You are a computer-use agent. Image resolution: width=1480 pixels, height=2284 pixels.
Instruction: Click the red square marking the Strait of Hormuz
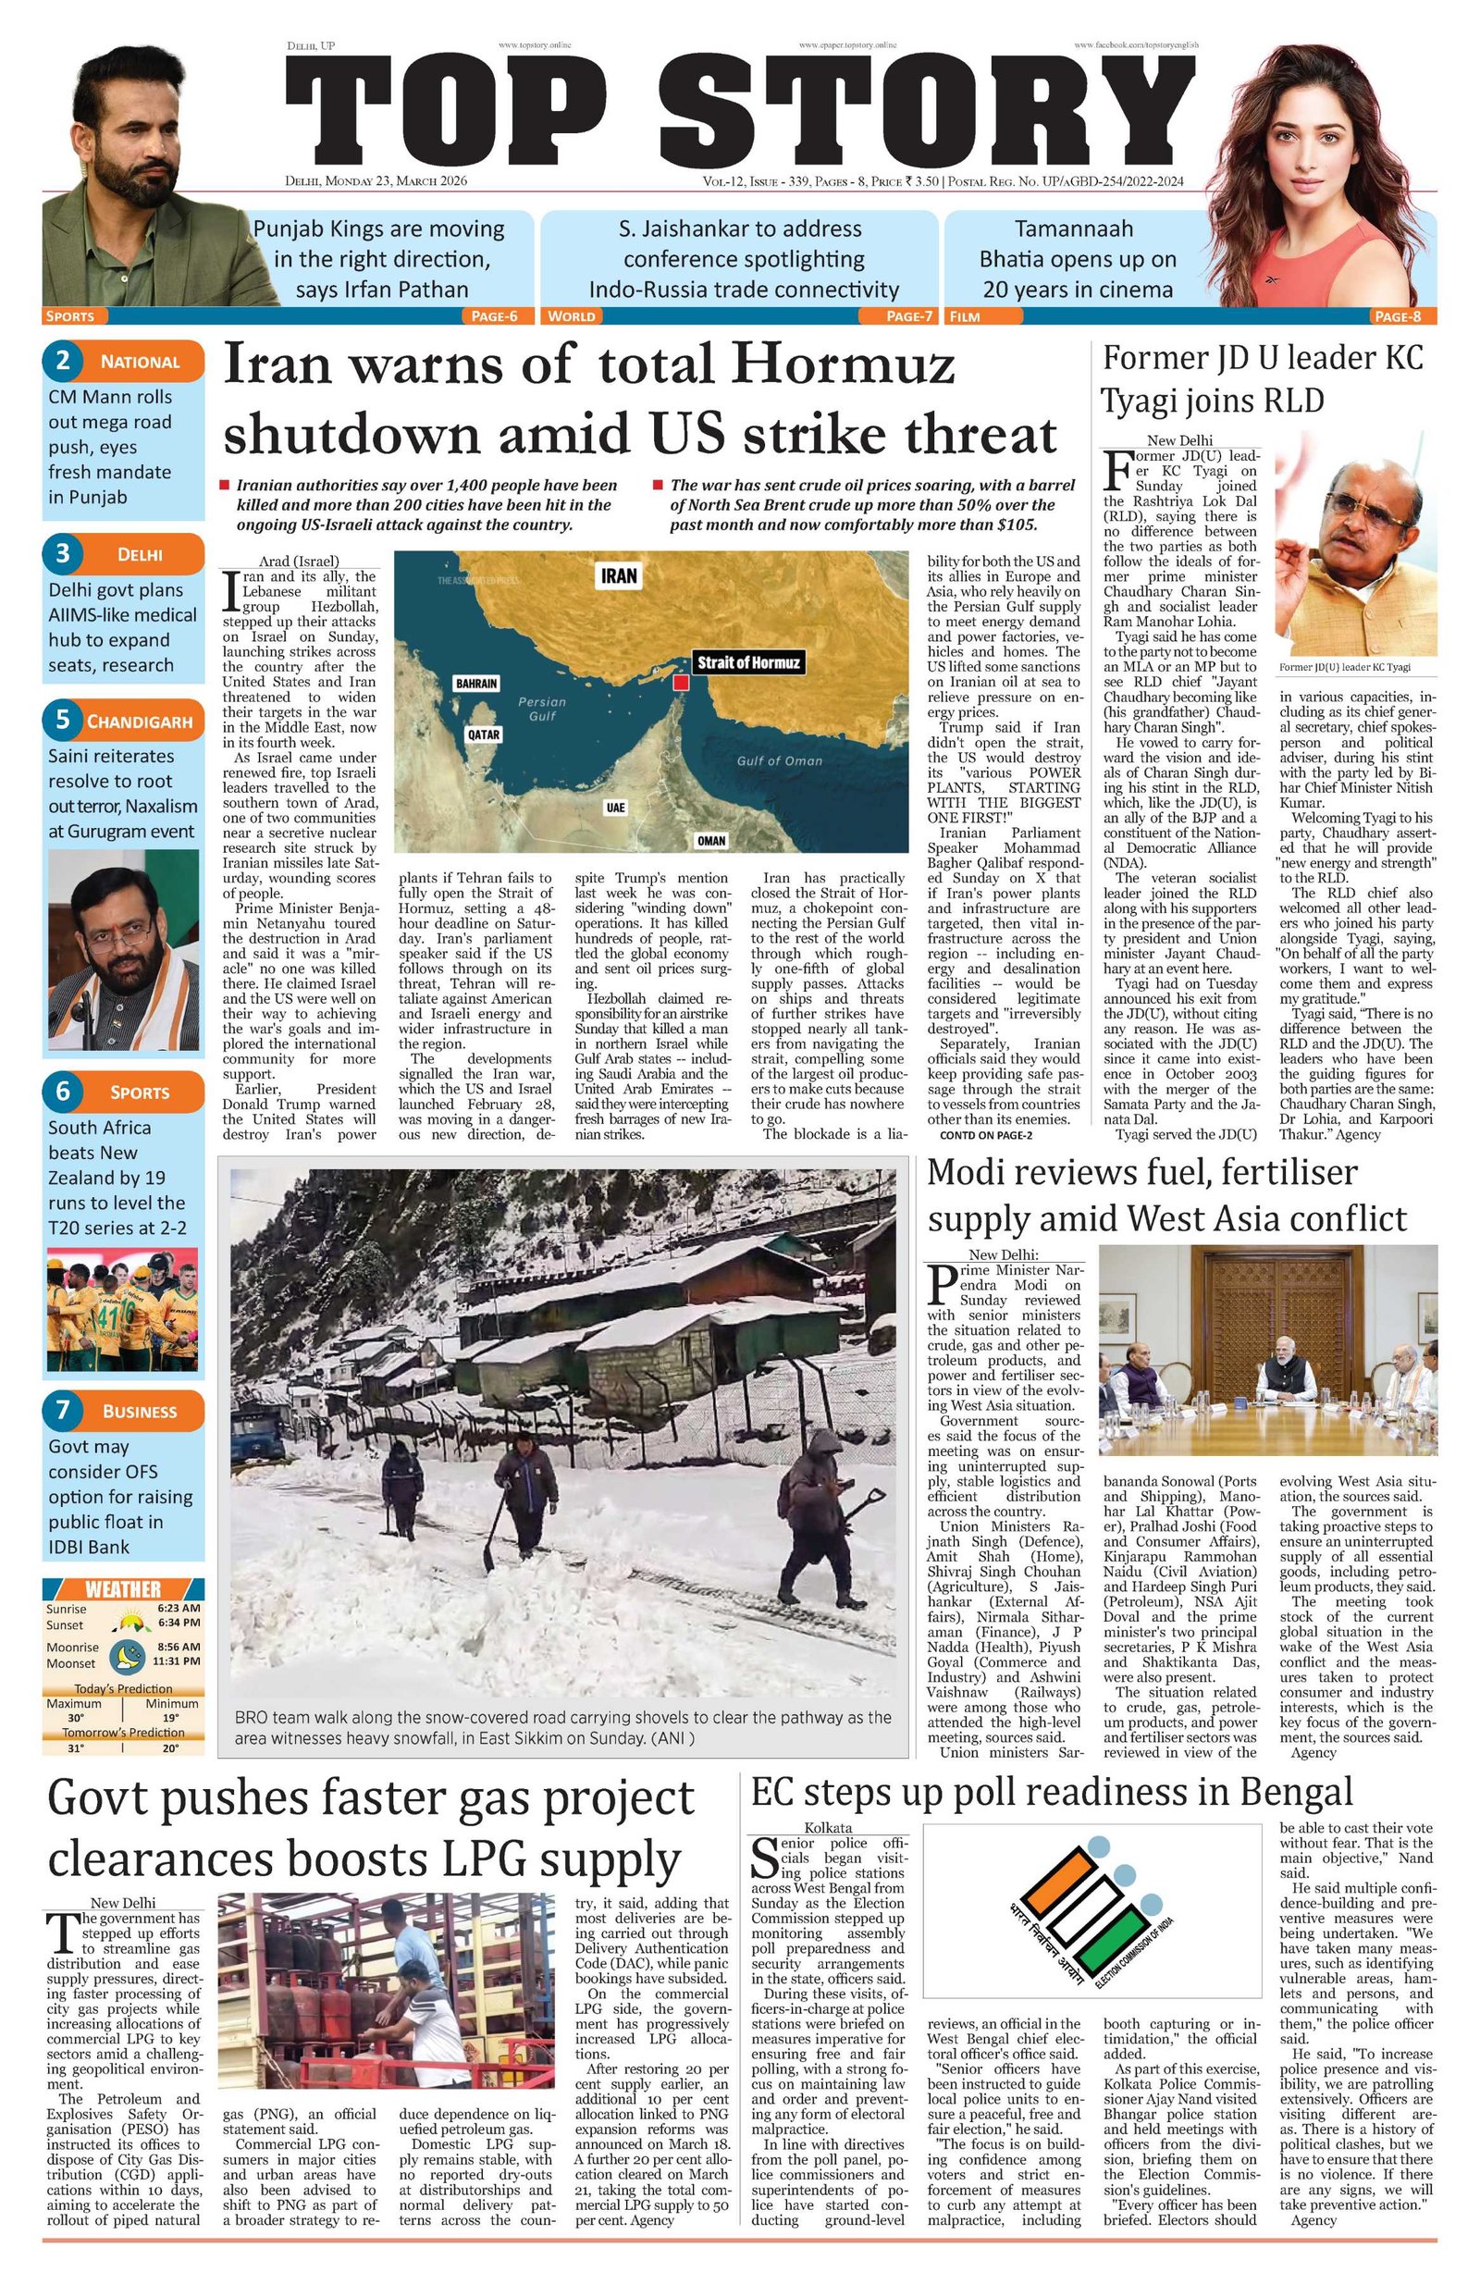pos(681,683)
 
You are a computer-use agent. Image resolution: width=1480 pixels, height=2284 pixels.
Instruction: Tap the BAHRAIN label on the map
pos(476,684)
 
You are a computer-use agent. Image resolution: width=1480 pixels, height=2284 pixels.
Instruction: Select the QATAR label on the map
pos(483,735)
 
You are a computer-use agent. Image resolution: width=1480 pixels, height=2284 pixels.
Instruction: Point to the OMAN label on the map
pos(710,841)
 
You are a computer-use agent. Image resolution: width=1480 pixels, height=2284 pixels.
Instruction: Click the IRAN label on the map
pos(618,575)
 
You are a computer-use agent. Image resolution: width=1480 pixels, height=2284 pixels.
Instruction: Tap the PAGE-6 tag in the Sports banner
pos(494,315)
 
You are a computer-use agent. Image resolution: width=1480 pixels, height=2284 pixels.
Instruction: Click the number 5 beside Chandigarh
pos(63,720)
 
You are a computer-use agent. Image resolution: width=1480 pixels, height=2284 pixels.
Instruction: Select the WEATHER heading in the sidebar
pos(123,1589)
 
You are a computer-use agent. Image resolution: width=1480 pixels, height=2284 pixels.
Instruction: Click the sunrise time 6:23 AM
pos(179,1609)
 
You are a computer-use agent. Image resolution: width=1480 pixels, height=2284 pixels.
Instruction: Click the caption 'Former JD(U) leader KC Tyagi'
pos(1345,667)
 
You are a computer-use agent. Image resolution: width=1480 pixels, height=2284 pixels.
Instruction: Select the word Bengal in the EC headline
pos(1295,1792)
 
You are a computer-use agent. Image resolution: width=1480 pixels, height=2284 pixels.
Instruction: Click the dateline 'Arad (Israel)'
pos(299,562)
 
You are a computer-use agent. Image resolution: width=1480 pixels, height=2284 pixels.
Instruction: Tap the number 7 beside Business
pos(63,1410)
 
